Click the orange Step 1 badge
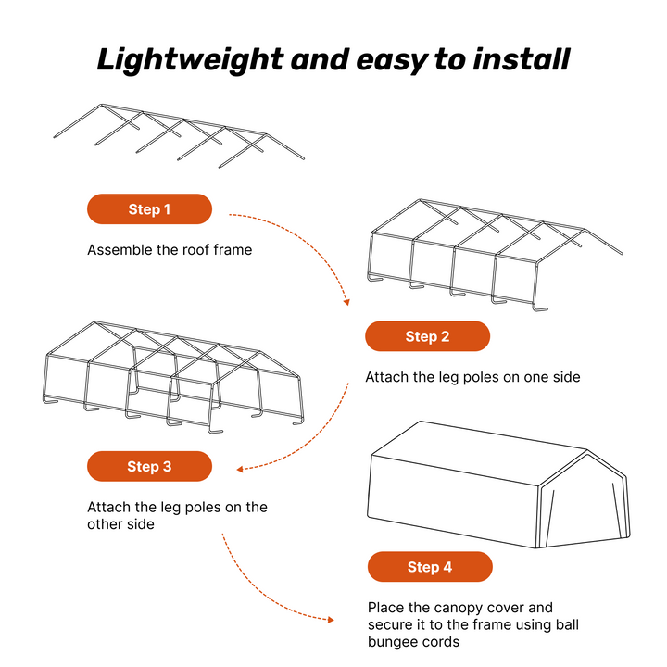click(x=149, y=209)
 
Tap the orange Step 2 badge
click(x=427, y=336)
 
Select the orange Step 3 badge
click(x=149, y=467)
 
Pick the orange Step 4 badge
click(x=430, y=567)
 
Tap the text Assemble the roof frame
click(x=170, y=250)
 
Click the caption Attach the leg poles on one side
click(x=472, y=377)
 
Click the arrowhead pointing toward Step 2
click(x=346, y=301)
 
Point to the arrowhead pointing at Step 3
click(x=240, y=469)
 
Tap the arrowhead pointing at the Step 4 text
click(x=331, y=619)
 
